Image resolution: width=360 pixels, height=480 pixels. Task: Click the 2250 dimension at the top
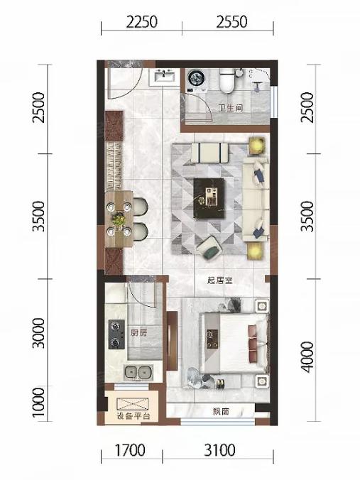tap(142, 22)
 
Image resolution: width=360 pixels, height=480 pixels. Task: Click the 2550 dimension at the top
tap(231, 22)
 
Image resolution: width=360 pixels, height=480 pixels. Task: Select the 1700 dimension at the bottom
tap(130, 450)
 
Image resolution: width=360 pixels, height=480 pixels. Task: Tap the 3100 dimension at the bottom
tap(220, 450)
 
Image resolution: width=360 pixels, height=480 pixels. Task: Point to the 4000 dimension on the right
tap(307, 357)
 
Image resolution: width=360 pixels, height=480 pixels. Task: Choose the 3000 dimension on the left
tap(38, 333)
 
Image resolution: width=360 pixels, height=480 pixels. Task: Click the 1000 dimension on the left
tap(38, 402)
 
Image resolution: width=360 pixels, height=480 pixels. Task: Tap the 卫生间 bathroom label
tap(231, 108)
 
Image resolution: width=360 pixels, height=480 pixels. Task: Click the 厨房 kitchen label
tap(138, 333)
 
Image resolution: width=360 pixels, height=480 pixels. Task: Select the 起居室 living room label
tap(220, 280)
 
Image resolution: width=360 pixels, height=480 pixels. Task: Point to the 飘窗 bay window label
tap(221, 412)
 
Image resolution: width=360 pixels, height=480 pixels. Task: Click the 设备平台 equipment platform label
tap(133, 416)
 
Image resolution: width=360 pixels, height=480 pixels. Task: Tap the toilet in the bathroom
tap(227, 80)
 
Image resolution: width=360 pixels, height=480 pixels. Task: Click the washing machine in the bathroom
tap(197, 80)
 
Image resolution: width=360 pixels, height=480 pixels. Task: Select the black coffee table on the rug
tap(209, 198)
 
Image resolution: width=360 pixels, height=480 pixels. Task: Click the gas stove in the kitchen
tap(116, 334)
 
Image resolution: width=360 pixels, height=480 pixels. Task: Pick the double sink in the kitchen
tap(138, 373)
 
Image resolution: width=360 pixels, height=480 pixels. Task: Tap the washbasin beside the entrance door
tap(162, 77)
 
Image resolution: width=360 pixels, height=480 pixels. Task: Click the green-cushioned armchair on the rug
tap(209, 248)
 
